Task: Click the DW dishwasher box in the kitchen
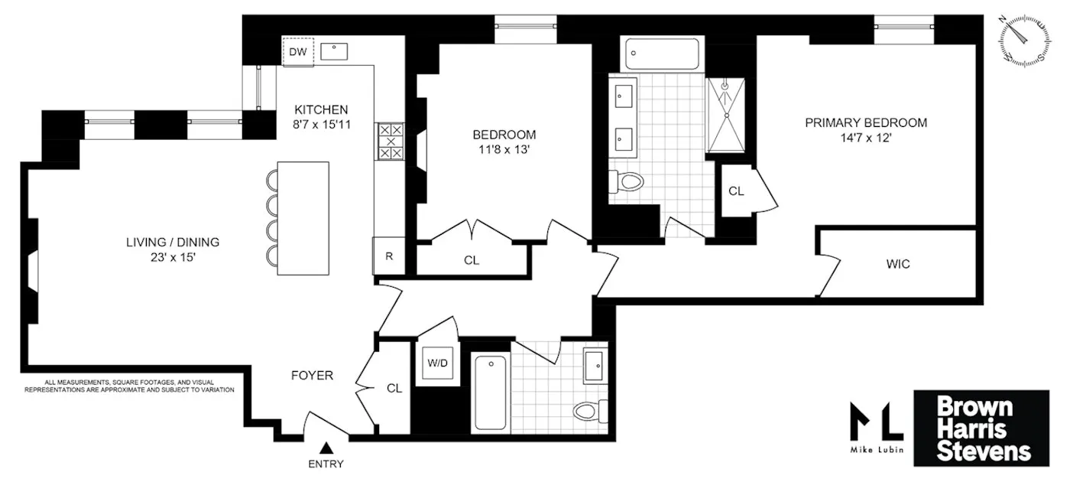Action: pos(298,52)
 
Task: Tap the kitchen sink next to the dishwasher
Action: pos(335,52)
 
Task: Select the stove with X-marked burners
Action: pos(391,142)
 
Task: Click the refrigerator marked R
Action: pos(388,256)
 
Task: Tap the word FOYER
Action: pos(312,376)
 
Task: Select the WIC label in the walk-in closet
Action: pos(898,264)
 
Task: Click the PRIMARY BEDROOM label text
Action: pos(866,122)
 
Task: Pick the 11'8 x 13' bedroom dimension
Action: pos(501,150)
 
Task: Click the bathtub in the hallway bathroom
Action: pos(490,392)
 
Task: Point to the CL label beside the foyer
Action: pos(394,389)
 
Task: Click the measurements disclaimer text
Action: pos(128,386)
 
